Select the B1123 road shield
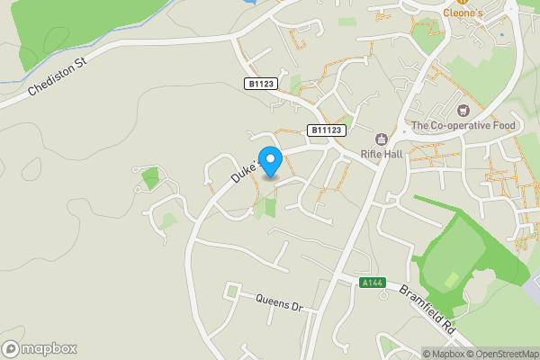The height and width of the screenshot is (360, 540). tap(260, 84)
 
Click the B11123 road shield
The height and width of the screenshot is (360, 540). tap(326, 130)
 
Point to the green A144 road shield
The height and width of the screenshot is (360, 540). tap(372, 283)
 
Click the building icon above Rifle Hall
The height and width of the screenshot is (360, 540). tap(381, 139)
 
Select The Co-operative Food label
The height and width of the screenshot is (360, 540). tap(463, 125)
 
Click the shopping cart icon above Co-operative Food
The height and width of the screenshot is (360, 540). tap(463, 111)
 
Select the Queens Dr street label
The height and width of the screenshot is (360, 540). tap(280, 301)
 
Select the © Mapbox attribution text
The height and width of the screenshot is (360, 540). tap(444, 353)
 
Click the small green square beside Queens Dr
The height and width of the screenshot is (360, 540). tap(234, 291)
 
